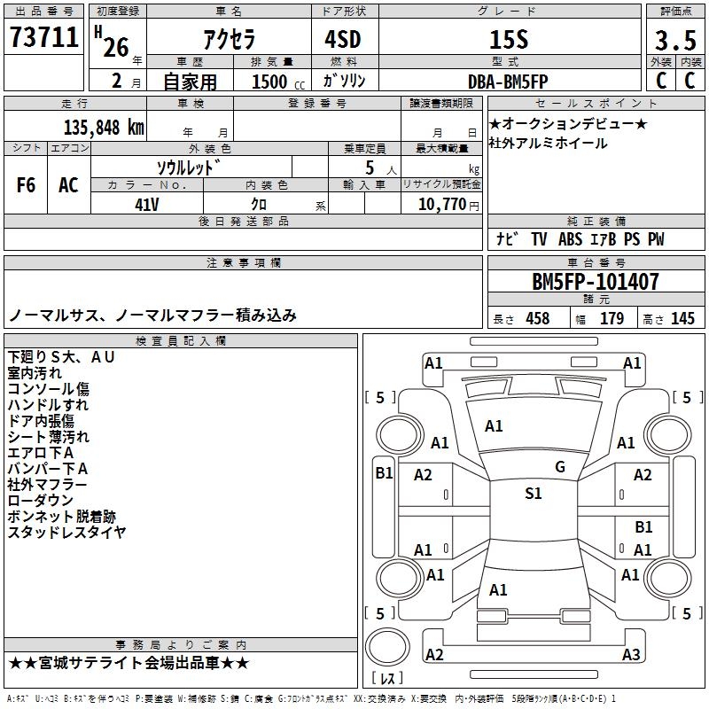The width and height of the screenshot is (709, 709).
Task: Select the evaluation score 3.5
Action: pos(674,41)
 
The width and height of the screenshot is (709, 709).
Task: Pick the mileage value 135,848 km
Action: pos(104,128)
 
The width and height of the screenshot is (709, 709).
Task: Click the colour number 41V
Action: pos(147,204)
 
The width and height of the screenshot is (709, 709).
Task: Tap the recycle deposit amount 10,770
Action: pos(441,204)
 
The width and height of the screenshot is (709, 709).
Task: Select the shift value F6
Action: pos(27,185)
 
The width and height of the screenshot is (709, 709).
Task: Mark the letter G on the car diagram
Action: pos(560,467)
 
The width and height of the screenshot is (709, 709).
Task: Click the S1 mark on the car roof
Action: pos(533,494)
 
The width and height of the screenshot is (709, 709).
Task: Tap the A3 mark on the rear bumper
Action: pos(630,655)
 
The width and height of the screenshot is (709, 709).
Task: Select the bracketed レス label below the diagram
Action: pos(391,680)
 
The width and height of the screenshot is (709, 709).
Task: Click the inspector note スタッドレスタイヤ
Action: pos(67,533)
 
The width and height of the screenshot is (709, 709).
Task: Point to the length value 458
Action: pos(537,319)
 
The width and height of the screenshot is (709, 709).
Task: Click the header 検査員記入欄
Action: pos(181,341)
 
